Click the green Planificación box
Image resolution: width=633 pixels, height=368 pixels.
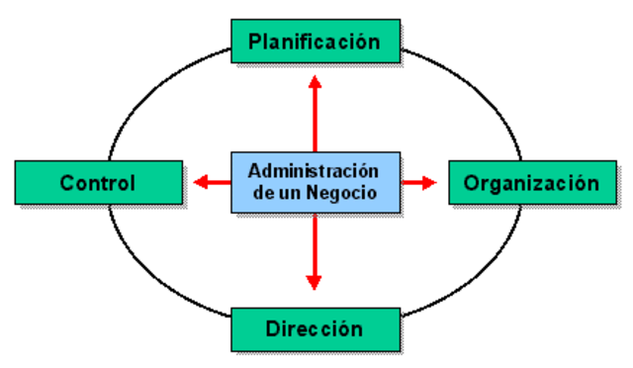pyautogui.click(x=315, y=42)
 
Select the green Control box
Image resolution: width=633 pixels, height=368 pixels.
pyautogui.click(x=98, y=183)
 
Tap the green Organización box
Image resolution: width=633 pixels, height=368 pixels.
pyautogui.click(x=531, y=183)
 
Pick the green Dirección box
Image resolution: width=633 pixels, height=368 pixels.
pyautogui.click(x=315, y=327)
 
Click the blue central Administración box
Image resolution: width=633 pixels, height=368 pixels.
pyautogui.click(x=315, y=181)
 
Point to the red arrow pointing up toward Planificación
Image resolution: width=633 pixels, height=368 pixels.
pyautogui.click(x=315, y=114)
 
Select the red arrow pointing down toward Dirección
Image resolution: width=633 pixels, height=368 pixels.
pyautogui.click(x=315, y=252)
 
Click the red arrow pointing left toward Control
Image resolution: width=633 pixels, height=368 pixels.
pyautogui.click(x=213, y=182)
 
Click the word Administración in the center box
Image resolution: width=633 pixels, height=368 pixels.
pyautogui.click(x=315, y=169)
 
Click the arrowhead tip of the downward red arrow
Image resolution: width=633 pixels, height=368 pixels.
pyautogui.click(x=315, y=289)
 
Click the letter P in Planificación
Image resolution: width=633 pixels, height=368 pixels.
pyautogui.click(x=255, y=42)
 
